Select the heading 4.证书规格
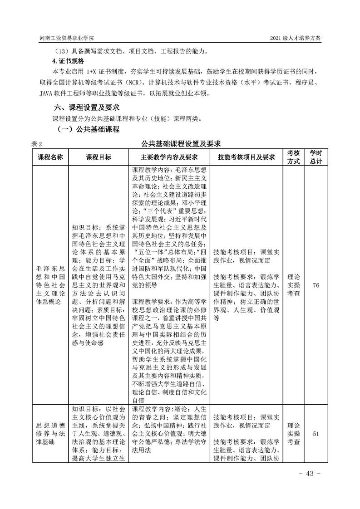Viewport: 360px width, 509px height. [x=68, y=61]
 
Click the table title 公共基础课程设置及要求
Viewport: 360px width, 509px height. [x=180, y=144]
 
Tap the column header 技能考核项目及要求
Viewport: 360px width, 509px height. [x=247, y=157]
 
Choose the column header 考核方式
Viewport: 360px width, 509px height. [x=293, y=157]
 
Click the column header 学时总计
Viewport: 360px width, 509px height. [x=316, y=157]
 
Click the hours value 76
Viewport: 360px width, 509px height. [x=316, y=285]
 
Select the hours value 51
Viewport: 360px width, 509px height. [x=316, y=434]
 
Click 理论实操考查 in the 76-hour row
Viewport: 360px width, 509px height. [x=293, y=285]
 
